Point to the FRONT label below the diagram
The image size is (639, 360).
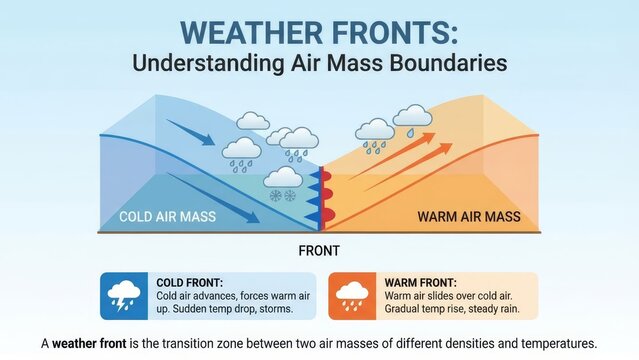(x=319, y=250)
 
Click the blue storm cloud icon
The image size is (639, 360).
(x=125, y=295)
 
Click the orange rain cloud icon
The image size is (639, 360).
(x=352, y=295)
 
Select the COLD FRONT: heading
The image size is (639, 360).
(x=189, y=283)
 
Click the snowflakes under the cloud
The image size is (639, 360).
(x=285, y=195)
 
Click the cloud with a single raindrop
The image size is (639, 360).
(x=412, y=120)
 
